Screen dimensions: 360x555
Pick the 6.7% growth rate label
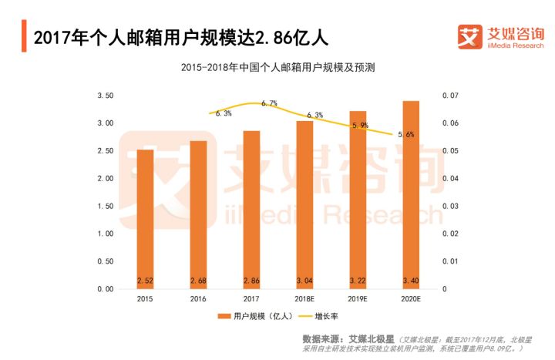point(269,103)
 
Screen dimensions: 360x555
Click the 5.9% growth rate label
point(359,125)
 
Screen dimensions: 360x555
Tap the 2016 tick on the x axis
point(198,298)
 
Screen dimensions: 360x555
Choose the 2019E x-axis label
point(358,298)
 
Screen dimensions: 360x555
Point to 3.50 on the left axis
point(105,96)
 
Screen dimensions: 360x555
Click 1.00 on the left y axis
point(105,234)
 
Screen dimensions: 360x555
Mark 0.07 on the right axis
point(449,96)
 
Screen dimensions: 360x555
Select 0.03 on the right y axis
point(449,206)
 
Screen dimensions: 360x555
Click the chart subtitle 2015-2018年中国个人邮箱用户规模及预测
point(277,68)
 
